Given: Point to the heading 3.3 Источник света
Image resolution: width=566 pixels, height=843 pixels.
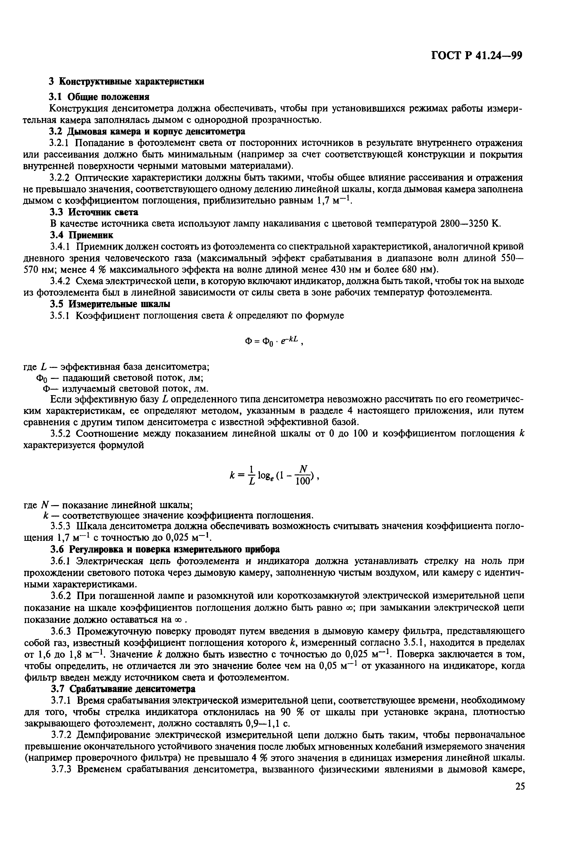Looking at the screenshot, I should (94, 212).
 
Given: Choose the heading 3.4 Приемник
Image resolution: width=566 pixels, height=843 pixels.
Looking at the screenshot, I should (81, 235).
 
